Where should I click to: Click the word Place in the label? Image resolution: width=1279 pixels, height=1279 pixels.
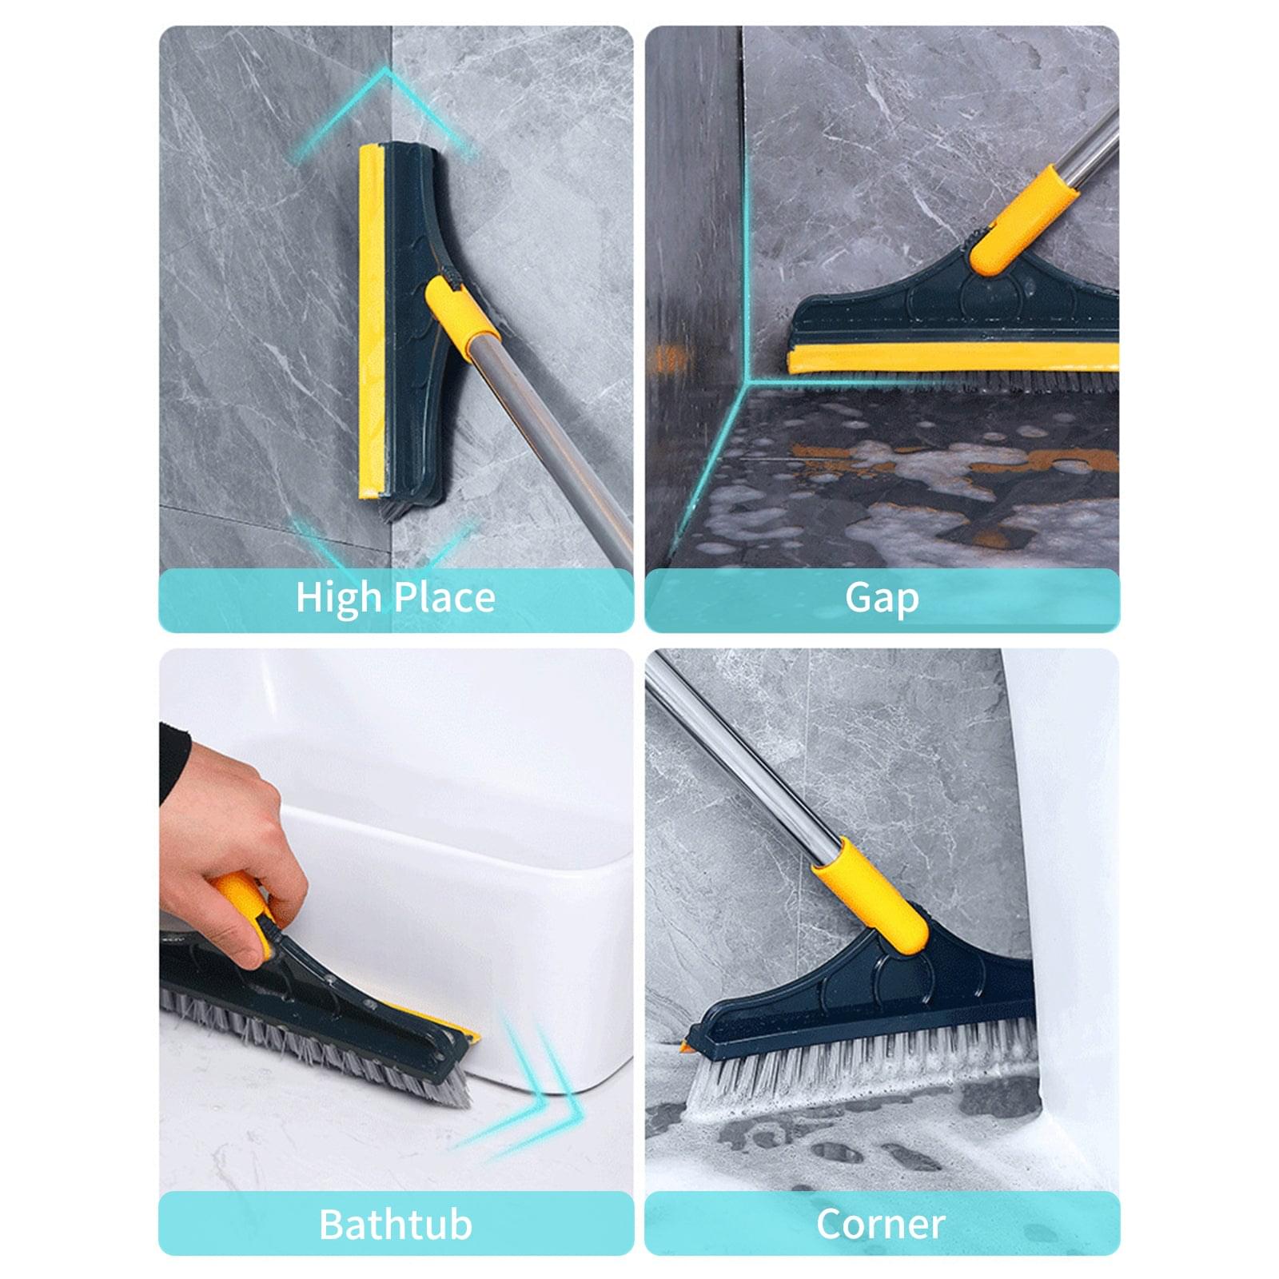444,598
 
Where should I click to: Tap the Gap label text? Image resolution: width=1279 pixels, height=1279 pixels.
882,598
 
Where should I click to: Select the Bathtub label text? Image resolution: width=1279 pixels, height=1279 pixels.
396,1224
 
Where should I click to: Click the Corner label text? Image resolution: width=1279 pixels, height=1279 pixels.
881,1224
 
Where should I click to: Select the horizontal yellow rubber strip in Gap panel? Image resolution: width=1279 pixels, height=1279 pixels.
951,358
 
